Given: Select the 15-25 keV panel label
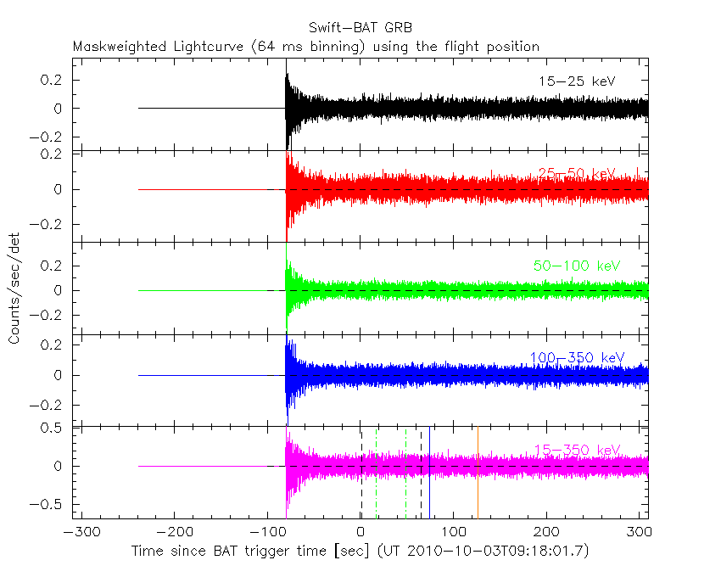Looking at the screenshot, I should coord(576,81).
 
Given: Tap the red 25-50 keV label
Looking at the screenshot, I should coord(576,174).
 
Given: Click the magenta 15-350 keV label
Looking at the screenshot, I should coord(576,450).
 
